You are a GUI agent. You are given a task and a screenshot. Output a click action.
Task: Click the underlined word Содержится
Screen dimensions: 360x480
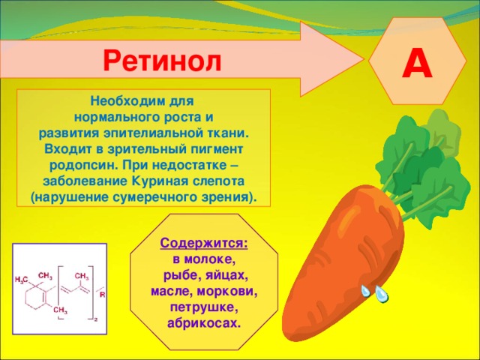pos(204,244)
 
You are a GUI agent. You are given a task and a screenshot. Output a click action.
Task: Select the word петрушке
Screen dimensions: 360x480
pos(204,307)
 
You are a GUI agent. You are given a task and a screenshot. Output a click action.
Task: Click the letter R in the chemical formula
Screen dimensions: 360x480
pos(102,295)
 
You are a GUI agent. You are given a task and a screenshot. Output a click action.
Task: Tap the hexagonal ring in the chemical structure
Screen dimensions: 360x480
pos(43,293)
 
